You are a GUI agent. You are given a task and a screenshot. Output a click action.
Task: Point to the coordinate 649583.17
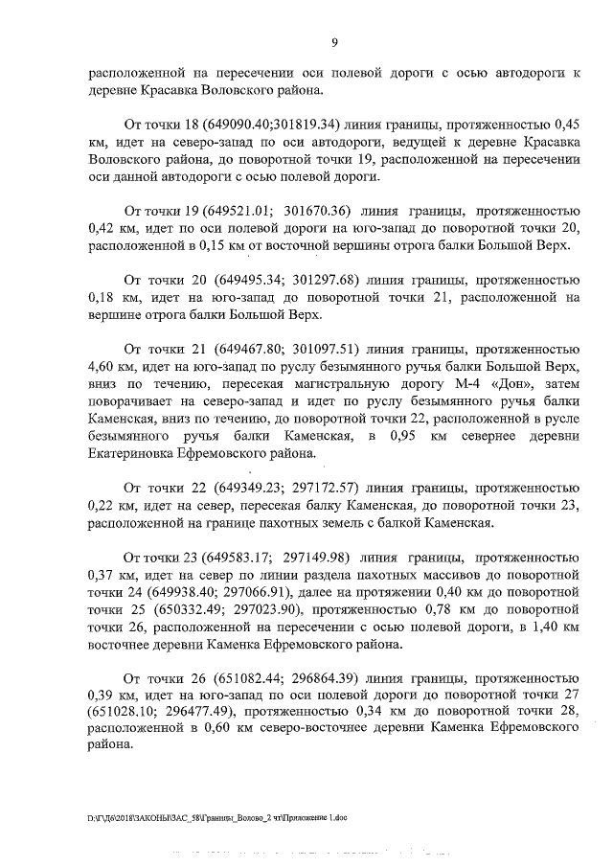click(236, 559)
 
